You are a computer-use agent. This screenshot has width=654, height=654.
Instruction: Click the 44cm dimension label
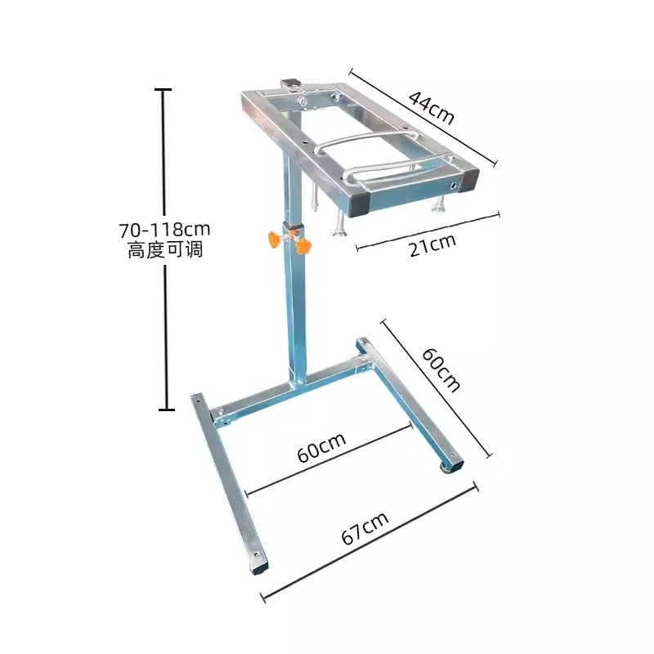(x=431, y=108)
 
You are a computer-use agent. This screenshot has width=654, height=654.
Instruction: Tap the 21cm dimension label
(x=432, y=246)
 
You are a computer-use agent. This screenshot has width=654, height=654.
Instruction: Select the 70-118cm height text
(x=165, y=230)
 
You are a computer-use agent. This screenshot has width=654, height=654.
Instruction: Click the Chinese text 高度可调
(x=165, y=250)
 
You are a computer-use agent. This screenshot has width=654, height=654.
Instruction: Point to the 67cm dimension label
(x=365, y=528)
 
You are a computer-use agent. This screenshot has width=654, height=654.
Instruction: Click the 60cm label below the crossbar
(x=321, y=447)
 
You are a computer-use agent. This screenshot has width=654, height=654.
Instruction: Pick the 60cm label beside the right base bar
(x=441, y=370)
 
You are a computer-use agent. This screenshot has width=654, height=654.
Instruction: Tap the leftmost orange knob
(x=273, y=239)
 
